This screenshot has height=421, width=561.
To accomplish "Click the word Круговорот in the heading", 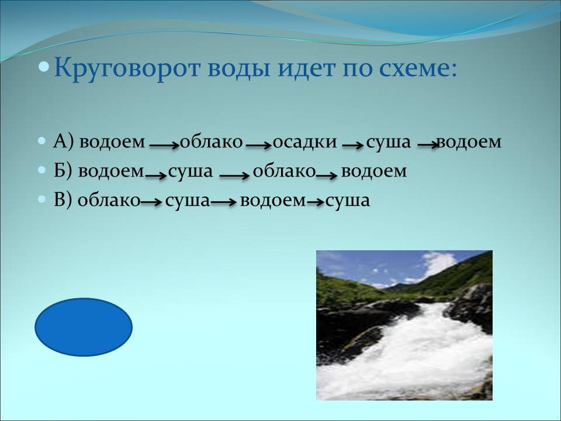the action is click(127, 68).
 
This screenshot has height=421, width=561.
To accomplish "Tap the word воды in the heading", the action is click(238, 68).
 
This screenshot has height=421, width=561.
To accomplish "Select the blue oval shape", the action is click(84, 327).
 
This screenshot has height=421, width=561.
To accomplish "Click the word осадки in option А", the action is click(305, 142).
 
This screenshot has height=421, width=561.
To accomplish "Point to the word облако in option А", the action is click(212, 142).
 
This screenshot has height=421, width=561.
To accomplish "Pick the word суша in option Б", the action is click(191, 171).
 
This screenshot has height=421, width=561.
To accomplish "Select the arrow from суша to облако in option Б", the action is click(234, 175).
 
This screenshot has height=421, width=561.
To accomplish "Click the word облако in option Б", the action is click(284, 171).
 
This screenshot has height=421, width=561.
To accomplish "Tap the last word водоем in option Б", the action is click(374, 171).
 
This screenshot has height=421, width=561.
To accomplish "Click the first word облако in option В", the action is click(109, 200).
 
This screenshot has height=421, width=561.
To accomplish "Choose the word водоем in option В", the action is click(273, 200).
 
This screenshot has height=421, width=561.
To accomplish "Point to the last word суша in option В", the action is click(347, 201).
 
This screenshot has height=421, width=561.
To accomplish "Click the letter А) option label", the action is click(63, 142).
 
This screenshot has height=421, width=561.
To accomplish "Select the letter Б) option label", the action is click(63, 171).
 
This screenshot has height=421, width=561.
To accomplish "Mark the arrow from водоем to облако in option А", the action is click(164, 146).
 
